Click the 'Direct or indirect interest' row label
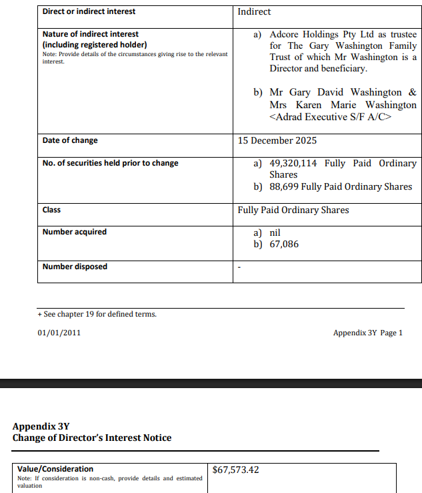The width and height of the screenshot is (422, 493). (89, 11)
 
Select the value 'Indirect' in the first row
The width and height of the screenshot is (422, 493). (254, 12)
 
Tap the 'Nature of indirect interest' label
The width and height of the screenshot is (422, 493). (91, 33)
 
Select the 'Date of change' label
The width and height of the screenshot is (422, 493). (70, 140)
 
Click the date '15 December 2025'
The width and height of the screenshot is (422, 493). (277, 140)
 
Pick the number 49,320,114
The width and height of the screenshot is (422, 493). (293, 163)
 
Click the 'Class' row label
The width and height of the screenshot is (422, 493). (51, 210)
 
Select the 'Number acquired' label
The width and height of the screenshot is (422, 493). (75, 232)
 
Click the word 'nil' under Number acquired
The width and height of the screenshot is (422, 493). (275, 232)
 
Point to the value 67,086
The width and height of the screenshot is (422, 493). (284, 244)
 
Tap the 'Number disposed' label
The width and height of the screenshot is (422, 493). (75, 267)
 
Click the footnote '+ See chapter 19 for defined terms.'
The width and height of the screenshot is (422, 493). (97, 314)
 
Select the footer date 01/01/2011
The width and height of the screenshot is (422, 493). (59, 333)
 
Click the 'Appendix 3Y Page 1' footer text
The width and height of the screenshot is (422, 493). (367, 333)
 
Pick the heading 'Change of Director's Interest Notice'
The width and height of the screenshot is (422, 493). (92, 438)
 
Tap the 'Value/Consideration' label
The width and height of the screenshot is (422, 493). (55, 469)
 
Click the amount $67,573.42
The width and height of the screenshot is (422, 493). (235, 470)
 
